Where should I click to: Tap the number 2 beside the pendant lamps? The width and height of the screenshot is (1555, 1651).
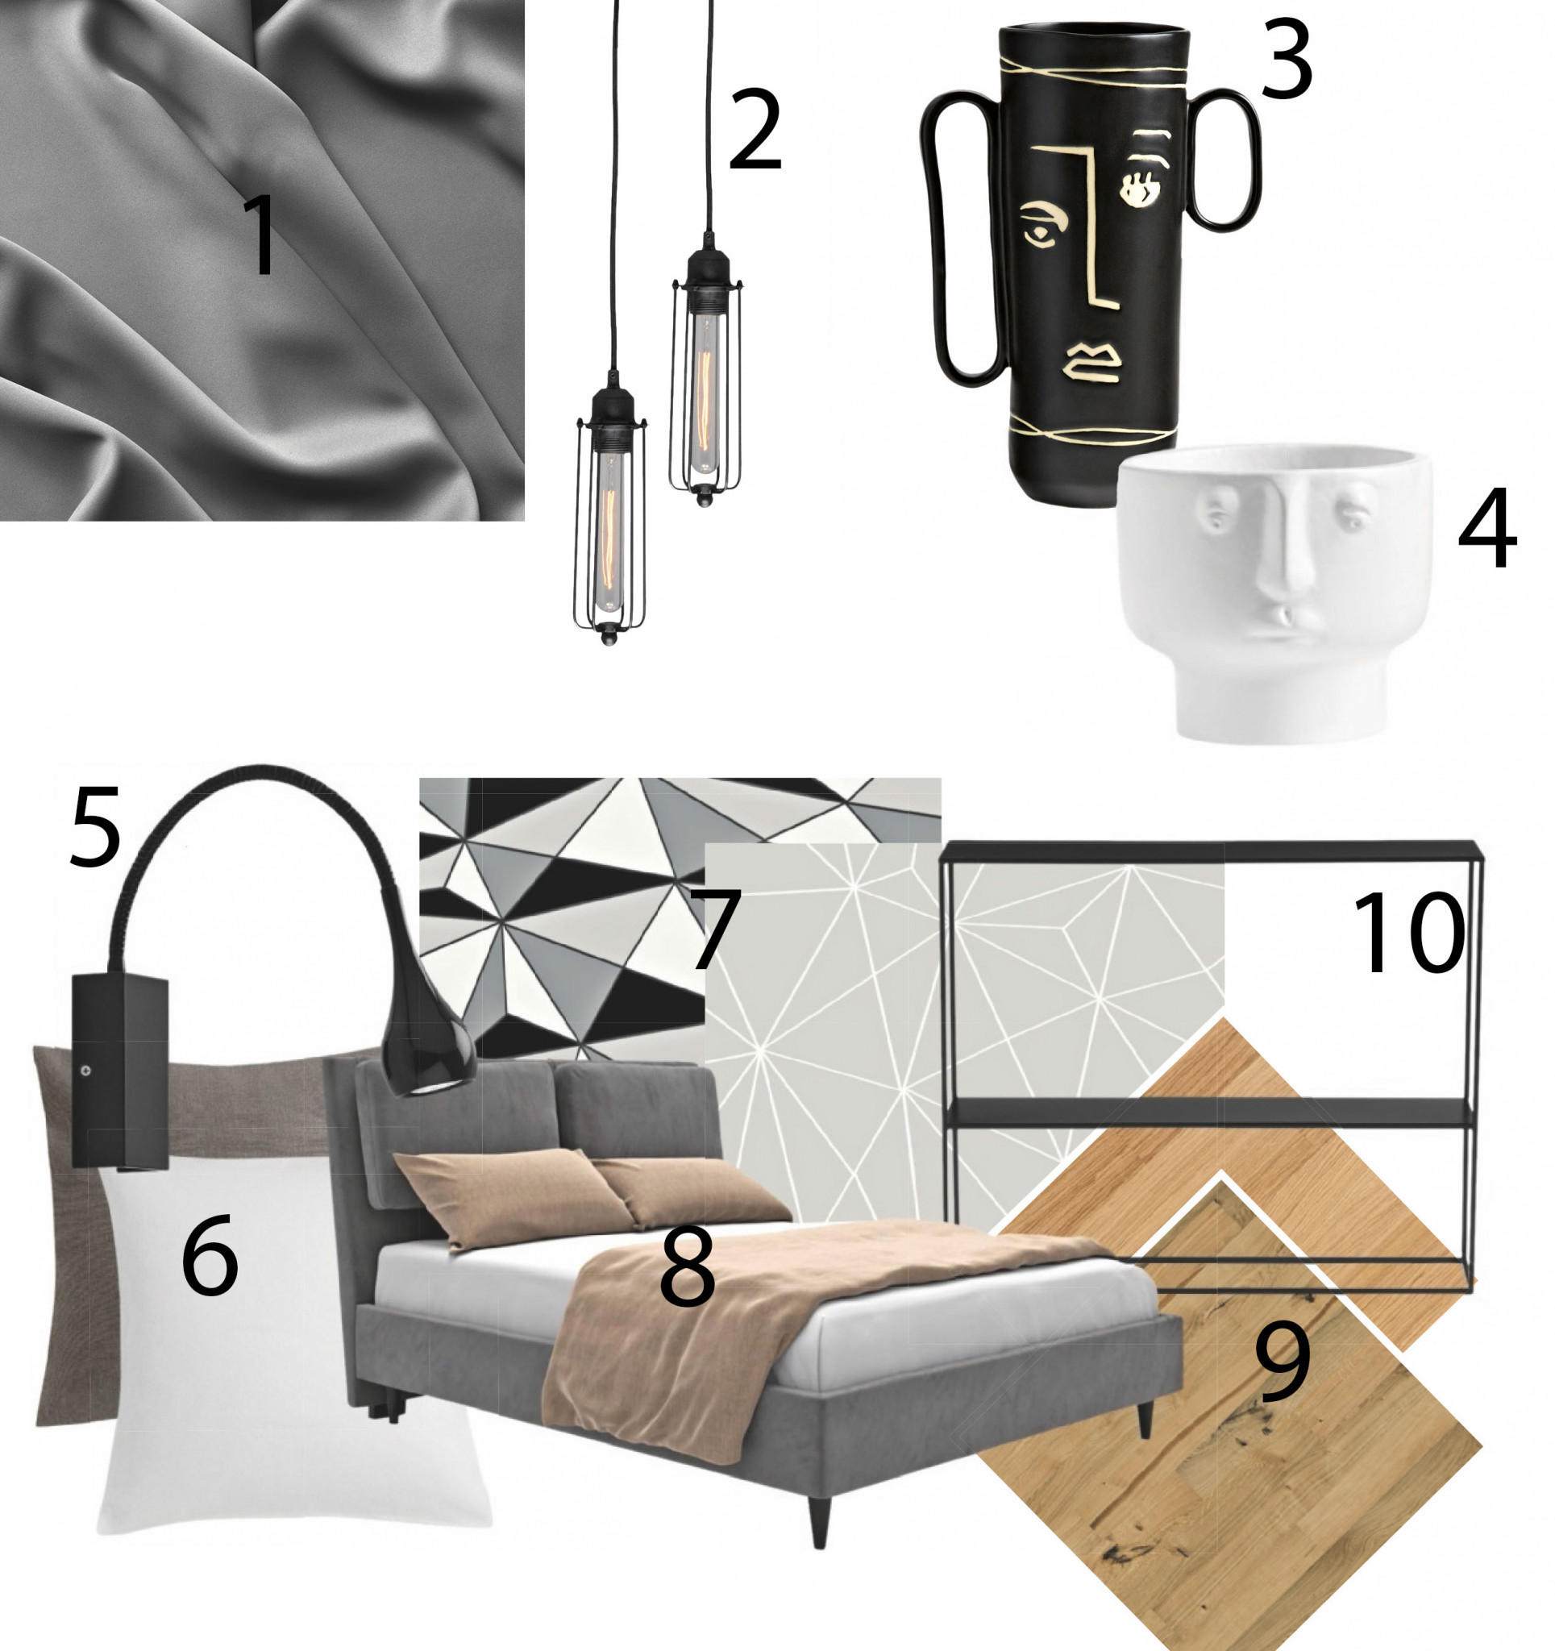(755, 131)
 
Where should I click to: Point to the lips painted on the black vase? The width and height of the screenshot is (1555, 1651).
(1092, 364)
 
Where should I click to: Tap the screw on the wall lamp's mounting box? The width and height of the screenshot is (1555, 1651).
(85, 1071)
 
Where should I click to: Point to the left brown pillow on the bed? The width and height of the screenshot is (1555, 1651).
(513, 1200)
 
